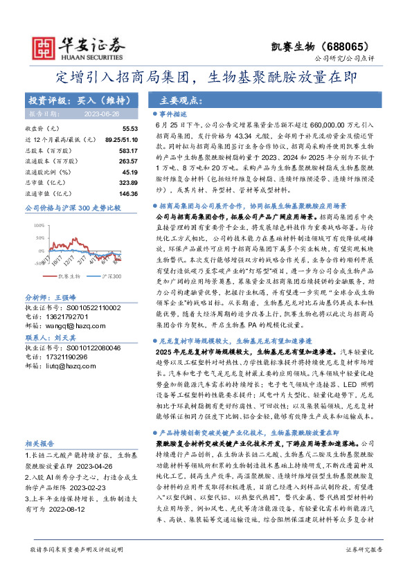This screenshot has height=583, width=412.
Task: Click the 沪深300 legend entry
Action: pos(103,276)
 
